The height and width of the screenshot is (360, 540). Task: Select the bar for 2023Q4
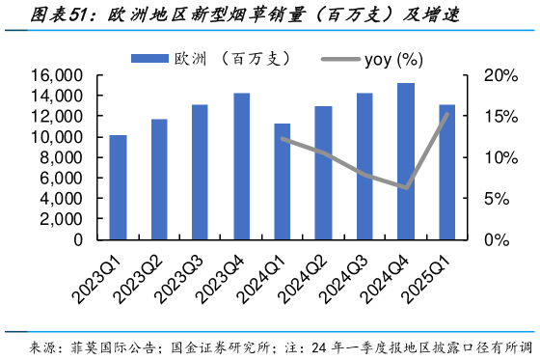241,166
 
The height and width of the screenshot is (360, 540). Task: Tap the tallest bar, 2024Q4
406,161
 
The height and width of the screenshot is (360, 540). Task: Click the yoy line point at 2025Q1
447,114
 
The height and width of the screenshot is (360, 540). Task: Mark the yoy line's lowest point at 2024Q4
407,187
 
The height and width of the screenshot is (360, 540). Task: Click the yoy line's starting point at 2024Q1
283,139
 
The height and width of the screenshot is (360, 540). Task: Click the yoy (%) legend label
393,60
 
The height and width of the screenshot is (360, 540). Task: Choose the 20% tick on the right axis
492,76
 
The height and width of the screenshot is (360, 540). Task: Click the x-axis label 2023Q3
183,276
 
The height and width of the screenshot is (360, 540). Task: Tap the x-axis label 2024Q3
348,276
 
